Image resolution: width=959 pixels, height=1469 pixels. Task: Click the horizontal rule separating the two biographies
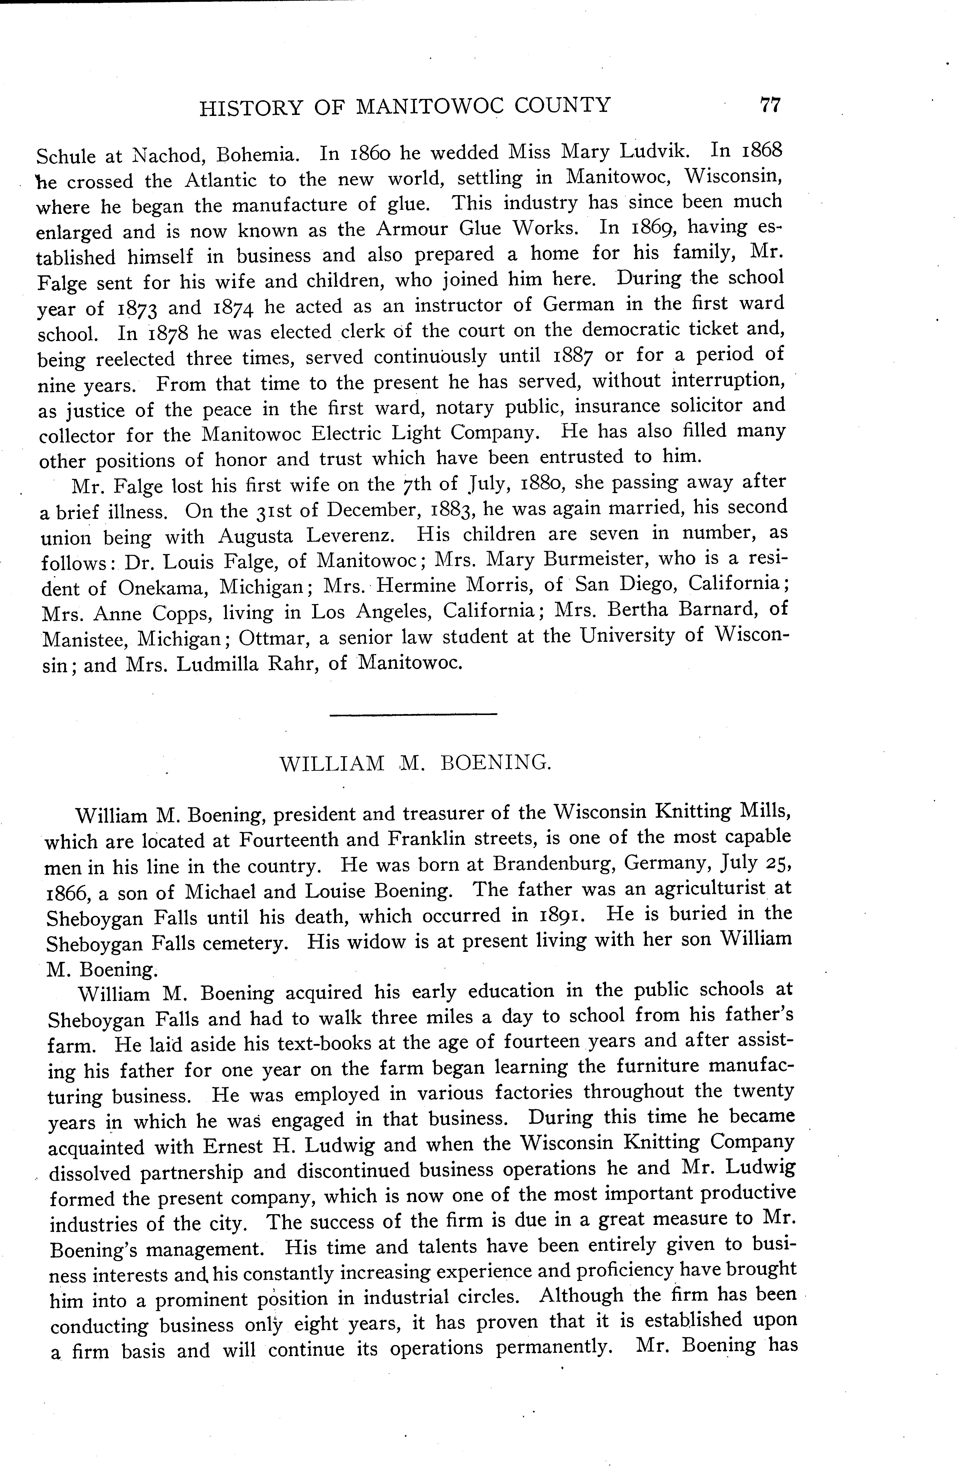(x=414, y=715)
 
